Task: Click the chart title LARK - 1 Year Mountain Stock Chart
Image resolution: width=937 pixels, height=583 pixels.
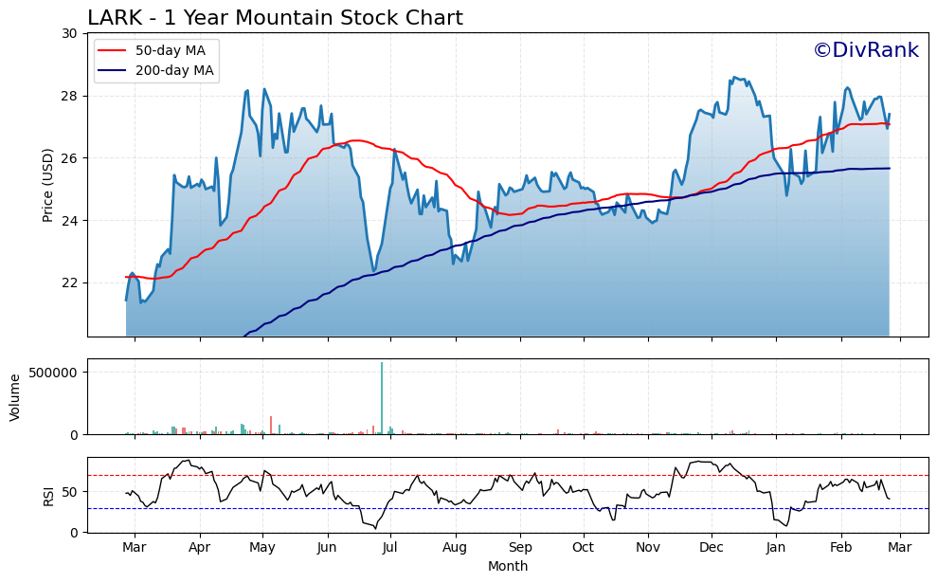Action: [x=275, y=18]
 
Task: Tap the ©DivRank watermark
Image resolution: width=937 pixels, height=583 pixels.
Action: [x=865, y=50]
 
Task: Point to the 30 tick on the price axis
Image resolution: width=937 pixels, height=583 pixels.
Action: [x=70, y=33]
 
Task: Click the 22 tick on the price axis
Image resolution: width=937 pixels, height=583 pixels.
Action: [x=70, y=282]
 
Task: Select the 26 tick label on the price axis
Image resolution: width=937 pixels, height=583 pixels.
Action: [x=70, y=158]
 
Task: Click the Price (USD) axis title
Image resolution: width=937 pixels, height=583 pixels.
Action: [x=48, y=185]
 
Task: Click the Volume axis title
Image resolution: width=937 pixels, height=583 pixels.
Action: [x=15, y=396]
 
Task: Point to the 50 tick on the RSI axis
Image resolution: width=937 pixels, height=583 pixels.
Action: [x=70, y=492]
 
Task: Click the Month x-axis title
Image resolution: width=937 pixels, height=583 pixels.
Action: [x=508, y=566]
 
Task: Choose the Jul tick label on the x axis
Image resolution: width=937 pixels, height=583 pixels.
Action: [x=390, y=547]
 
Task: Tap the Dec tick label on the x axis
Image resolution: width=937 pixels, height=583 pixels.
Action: [x=712, y=547]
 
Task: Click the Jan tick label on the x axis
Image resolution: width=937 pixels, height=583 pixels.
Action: [x=776, y=547]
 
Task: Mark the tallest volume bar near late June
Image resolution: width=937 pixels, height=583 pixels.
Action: [x=382, y=398]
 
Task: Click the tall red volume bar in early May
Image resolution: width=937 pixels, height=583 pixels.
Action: [x=271, y=425]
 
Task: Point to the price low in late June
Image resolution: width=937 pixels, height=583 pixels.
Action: [x=373, y=271]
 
